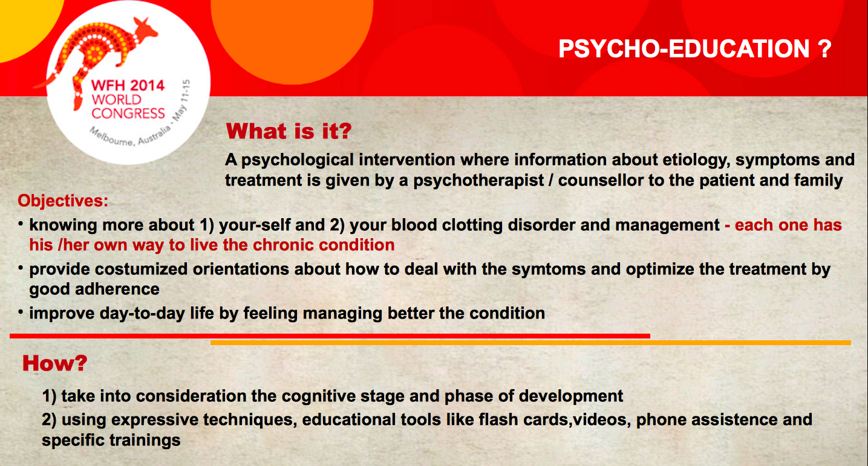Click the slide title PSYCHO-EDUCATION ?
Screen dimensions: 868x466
(695, 49)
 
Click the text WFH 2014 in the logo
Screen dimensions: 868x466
(128, 85)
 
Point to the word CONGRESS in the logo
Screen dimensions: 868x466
(128, 114)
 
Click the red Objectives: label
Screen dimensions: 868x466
(63, 201)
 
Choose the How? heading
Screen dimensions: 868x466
(54, 363)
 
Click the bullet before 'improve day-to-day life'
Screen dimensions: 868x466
(21, 312)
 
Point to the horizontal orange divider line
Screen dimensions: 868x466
(530, 343)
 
